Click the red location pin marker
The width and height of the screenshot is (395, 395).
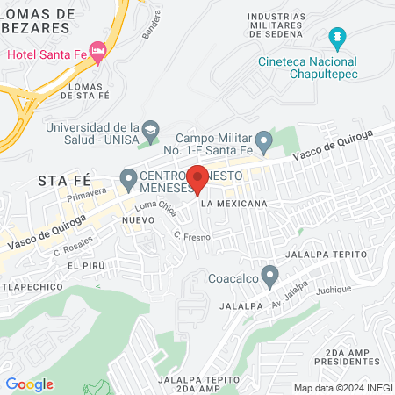(x=197, y=178)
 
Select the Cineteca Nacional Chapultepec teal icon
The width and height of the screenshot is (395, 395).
(x=334, y=38)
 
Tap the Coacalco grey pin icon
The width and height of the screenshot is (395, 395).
(x=271, y=278)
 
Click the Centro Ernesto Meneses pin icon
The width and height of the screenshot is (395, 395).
(x=128, y=181)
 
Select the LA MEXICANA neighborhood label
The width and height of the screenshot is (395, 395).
(x=233, y=204)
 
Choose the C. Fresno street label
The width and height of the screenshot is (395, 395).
(x=189, y=236)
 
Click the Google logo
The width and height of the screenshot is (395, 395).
(x=29, y=384)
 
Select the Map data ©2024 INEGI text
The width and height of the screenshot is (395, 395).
(x=342, y=388)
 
